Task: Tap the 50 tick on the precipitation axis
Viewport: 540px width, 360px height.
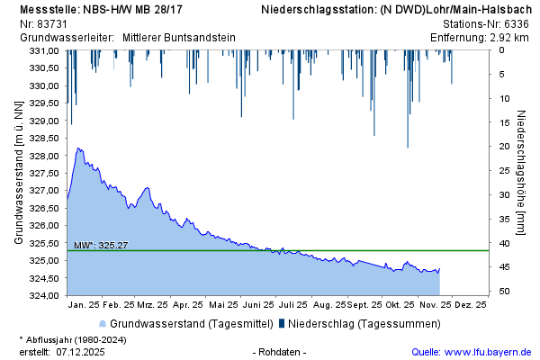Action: pos(506,292)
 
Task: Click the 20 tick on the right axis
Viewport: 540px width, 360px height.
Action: pos(506,147)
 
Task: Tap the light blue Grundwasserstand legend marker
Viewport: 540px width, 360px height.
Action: pos(103,323)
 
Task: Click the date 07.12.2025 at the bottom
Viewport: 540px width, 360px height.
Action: pos(81,351)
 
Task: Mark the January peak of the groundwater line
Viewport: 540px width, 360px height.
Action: pos(79,148)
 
